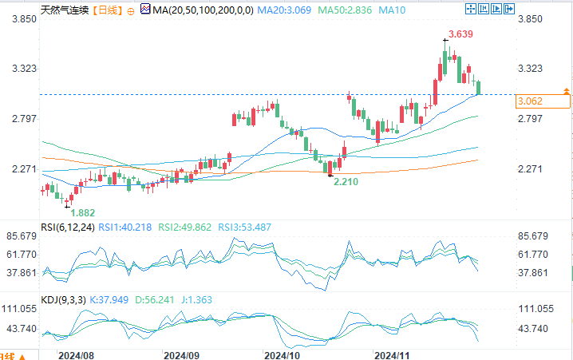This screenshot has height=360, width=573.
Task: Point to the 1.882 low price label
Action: (x=84, y=213)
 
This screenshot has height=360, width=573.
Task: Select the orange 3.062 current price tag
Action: (x=530, y=101)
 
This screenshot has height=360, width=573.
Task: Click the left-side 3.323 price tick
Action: (x=21, y=69)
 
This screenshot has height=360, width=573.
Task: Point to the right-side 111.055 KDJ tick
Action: (x=535, y=308)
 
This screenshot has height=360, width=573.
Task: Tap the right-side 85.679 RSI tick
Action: (x=533, y=236)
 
